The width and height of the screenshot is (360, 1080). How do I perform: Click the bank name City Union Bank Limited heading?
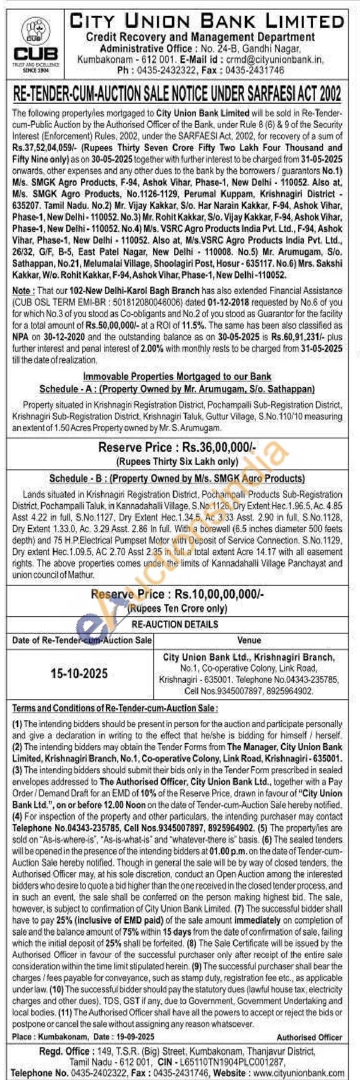coord(207,21)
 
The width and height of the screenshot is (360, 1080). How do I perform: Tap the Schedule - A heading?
coord(177,388)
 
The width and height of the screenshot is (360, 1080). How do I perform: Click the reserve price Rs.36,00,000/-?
coord(218,448)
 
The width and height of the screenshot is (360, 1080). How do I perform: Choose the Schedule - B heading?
coord(177,478)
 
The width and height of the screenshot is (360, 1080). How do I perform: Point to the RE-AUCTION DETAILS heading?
coord(175,624)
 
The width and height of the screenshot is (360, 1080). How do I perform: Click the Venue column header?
coord(249,640)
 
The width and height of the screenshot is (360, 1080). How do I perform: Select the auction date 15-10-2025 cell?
coord(79,673)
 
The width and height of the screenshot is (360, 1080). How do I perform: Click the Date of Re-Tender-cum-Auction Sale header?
coord(82,640)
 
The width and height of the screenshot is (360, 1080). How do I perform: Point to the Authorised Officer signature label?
coord(309,1037)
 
